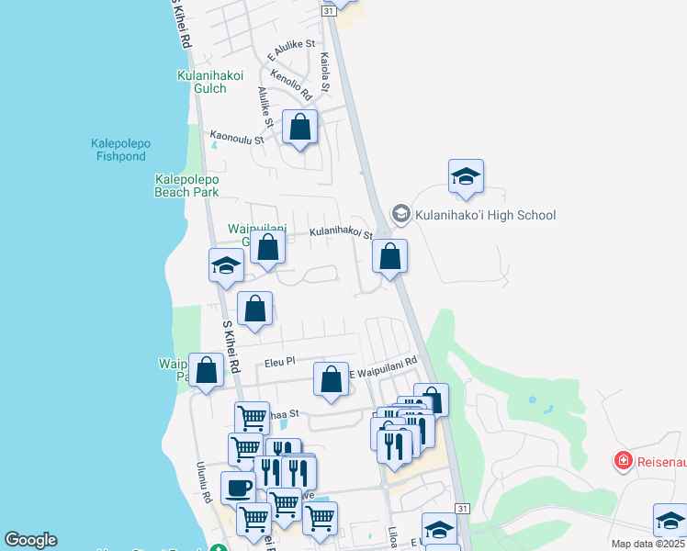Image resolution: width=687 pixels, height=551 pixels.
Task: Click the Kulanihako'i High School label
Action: click(x=486, y=215)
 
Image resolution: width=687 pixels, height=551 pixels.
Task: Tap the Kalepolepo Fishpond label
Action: click(x=120, y=150)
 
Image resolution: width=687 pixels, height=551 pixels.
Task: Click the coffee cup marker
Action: click(x=238, y=488)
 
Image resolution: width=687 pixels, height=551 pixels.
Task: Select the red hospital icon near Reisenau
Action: click(x=623, y=458)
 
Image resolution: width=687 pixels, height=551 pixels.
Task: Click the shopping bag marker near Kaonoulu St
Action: click(x=299, y=127)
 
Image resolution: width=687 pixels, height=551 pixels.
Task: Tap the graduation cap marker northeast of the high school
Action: click(x=466, y=176)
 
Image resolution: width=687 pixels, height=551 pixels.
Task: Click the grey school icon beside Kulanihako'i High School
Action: click(x=400, y=214)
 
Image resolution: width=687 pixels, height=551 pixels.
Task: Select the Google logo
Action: click(x=30, y=540)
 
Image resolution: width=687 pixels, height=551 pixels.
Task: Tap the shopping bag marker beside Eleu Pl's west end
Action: click(x=207, y=370)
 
